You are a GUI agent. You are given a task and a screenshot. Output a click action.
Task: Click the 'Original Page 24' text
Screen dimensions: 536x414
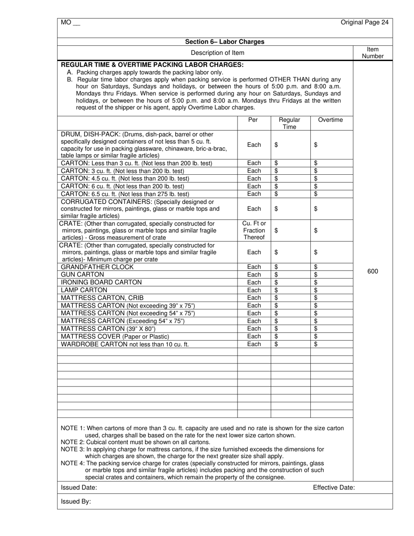click(364, 22)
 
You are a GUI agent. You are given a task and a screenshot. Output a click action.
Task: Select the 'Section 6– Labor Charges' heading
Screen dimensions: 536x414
click(224, 42)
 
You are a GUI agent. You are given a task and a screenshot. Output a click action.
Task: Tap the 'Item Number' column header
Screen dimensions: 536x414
click(373, 53)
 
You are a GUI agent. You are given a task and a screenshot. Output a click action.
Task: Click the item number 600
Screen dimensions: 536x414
click(373, 271)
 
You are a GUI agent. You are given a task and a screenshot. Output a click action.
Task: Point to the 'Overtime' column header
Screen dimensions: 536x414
click(330, 120)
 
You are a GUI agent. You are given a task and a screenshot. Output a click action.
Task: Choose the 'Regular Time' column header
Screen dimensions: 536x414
click(289, 123)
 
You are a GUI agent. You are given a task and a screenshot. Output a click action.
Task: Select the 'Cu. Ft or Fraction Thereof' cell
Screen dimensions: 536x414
click(254, 231)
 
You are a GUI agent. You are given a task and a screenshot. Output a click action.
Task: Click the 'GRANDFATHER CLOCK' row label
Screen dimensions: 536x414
click(97, 267)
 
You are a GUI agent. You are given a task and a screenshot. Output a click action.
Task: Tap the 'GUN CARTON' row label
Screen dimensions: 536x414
click(82, 275)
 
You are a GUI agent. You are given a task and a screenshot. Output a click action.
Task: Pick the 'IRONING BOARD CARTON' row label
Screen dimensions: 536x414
click(101, 282)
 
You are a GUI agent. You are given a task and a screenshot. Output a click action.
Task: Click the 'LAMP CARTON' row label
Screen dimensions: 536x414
click(84, 290)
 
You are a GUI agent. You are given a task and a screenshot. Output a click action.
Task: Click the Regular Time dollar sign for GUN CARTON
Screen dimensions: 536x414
click(276, 275)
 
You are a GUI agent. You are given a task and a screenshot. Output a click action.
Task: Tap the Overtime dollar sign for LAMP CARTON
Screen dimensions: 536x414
click(316, 290)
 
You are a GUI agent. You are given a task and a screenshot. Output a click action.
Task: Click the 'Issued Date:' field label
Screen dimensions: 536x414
click(79, 488)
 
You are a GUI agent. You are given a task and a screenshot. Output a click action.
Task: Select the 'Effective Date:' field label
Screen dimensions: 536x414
click(333, 488)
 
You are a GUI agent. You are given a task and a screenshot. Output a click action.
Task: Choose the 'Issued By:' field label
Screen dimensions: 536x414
click(76, 502)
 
